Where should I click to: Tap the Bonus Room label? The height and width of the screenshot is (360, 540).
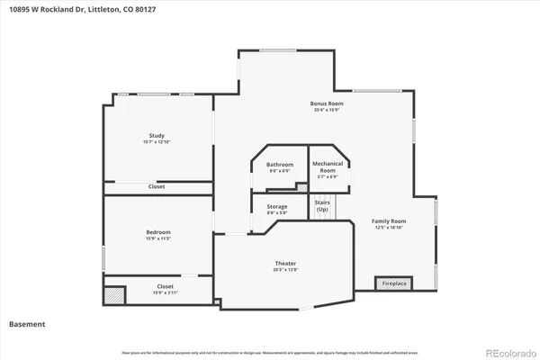(x=327, y=103)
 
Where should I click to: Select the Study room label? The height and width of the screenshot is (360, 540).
(x=157, y=135)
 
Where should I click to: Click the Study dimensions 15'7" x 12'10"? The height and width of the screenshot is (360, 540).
(x=157, y=142)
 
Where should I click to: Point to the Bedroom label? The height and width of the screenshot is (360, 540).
(x=158, y=231)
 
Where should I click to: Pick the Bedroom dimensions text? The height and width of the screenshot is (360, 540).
(x=158, y=238)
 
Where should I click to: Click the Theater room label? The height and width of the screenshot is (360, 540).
(x=284, y=263)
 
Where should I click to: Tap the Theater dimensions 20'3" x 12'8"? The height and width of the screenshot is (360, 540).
(x=284, y=270)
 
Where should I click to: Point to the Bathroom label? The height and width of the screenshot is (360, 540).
(x=280, y=164)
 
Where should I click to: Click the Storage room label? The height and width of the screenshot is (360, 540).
(x=277, y=206)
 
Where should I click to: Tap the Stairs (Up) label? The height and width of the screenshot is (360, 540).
(x=322, y=206)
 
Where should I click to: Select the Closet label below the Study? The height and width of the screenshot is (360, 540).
(x=157, y=186)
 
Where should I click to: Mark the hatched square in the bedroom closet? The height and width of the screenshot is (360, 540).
(x=113, y=294)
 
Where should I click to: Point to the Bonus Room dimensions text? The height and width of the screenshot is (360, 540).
(x=327, y=111)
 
